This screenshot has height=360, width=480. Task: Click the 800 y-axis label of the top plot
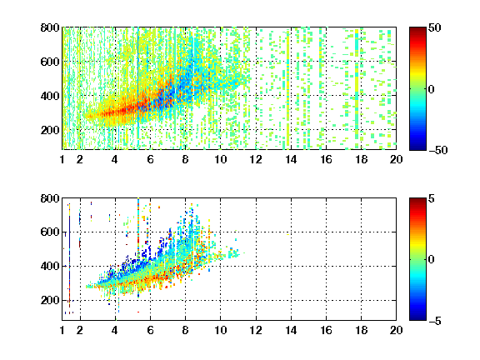coord(50,27)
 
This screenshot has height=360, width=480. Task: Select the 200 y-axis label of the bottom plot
coord(50,300)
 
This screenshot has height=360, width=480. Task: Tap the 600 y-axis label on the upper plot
coord(50,62)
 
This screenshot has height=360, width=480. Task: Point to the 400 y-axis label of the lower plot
coord(50,266)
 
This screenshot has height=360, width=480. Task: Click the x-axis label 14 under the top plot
coord(291,159)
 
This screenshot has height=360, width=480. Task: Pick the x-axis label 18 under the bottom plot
coord(361,330)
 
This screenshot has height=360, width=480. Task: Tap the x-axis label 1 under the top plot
coord(62,159)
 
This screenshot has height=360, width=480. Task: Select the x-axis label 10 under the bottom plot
coord(220,330)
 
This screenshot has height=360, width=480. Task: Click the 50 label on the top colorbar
coord(435,27)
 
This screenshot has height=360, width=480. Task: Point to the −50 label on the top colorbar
coord(437,150)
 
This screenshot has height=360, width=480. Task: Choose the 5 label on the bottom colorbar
coord(432,198)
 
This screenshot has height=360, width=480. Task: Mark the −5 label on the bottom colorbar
coord(434,321)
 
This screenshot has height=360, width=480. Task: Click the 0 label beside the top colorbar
coord(432,89)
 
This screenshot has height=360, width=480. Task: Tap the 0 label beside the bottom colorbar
coord(432,260)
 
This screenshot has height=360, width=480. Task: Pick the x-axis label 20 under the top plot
coord(396,159)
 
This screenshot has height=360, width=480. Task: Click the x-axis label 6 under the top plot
coord(150,159)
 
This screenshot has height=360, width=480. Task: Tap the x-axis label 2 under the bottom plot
coord(80,330)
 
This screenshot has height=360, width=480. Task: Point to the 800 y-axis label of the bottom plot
coord(50,198)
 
